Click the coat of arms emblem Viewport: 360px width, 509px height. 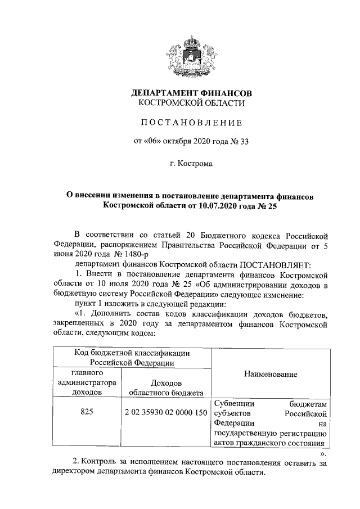coord(191,54)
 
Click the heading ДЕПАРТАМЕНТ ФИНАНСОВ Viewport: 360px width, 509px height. coord(191,92)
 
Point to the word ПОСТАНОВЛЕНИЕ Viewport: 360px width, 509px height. coord(191,122)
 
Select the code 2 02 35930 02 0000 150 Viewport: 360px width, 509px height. coord(166,412)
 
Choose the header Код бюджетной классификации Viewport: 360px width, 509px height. coord(132,353)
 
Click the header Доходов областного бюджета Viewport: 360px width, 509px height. coord(166,387)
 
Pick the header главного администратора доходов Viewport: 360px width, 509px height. coord(87,382)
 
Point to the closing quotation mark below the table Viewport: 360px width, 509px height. coord(322,453)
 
